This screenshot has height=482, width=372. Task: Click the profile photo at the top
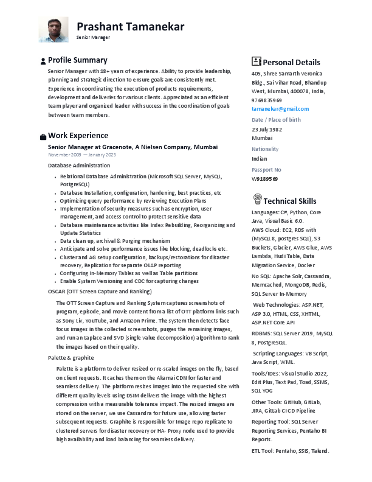point(53,29)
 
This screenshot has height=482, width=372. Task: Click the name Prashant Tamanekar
point(130,26)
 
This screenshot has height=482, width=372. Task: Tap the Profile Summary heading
point(77,60)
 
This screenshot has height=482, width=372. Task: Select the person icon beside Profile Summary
point(43,61)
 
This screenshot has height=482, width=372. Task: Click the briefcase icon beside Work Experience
point(43,136)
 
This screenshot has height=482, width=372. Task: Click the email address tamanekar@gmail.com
point(280,108)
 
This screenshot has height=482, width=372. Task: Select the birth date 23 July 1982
point(267,130)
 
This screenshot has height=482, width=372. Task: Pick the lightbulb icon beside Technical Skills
point(257,200)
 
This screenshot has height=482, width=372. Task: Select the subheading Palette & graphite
point(71,357)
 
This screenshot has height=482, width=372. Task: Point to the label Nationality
point(265,148)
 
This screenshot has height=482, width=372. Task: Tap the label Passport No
point(266,169)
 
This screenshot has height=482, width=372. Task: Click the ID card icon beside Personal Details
point(257,61)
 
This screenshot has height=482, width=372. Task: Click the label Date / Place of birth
point(276,119)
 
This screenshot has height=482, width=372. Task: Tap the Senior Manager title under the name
point(93,37)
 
